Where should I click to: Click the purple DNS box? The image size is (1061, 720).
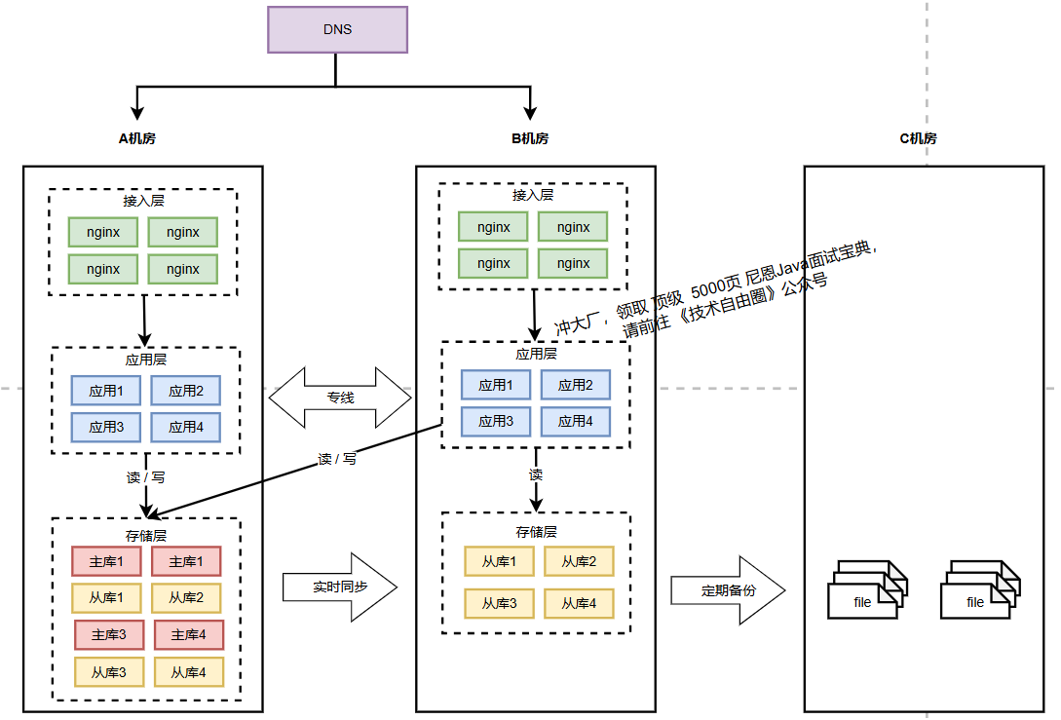[x=337, y=29]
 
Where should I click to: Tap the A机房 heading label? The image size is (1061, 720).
[x=137, y=138]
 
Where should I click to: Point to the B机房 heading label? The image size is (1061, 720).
[x=530, y=138]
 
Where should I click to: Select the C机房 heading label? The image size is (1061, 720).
[x=918, y=138]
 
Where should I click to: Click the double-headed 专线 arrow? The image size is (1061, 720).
[x=340, y=398]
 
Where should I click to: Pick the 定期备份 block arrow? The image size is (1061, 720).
[x=727, y=590]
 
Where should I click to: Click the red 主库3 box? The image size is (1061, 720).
[x=109, y=634]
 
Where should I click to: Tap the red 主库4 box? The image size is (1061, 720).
[x=189, y=634]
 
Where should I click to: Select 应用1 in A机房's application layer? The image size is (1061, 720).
[x=106, y=391]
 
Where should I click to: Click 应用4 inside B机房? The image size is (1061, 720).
[x=576, y=421]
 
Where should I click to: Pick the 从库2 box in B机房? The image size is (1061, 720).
[x=578, y=561]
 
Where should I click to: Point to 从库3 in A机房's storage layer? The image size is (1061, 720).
[x=109, y=672]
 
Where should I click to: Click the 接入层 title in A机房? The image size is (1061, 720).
[x=143, y=201]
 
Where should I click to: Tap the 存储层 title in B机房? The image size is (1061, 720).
[x=536, y=532]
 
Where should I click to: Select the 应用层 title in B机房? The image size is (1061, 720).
[x=536, y=355]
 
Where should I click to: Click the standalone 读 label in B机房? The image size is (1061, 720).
[x=536, y=474]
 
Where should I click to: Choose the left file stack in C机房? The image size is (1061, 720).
[x=866, y=589]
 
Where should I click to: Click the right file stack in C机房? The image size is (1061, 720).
[x=978, y=589]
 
